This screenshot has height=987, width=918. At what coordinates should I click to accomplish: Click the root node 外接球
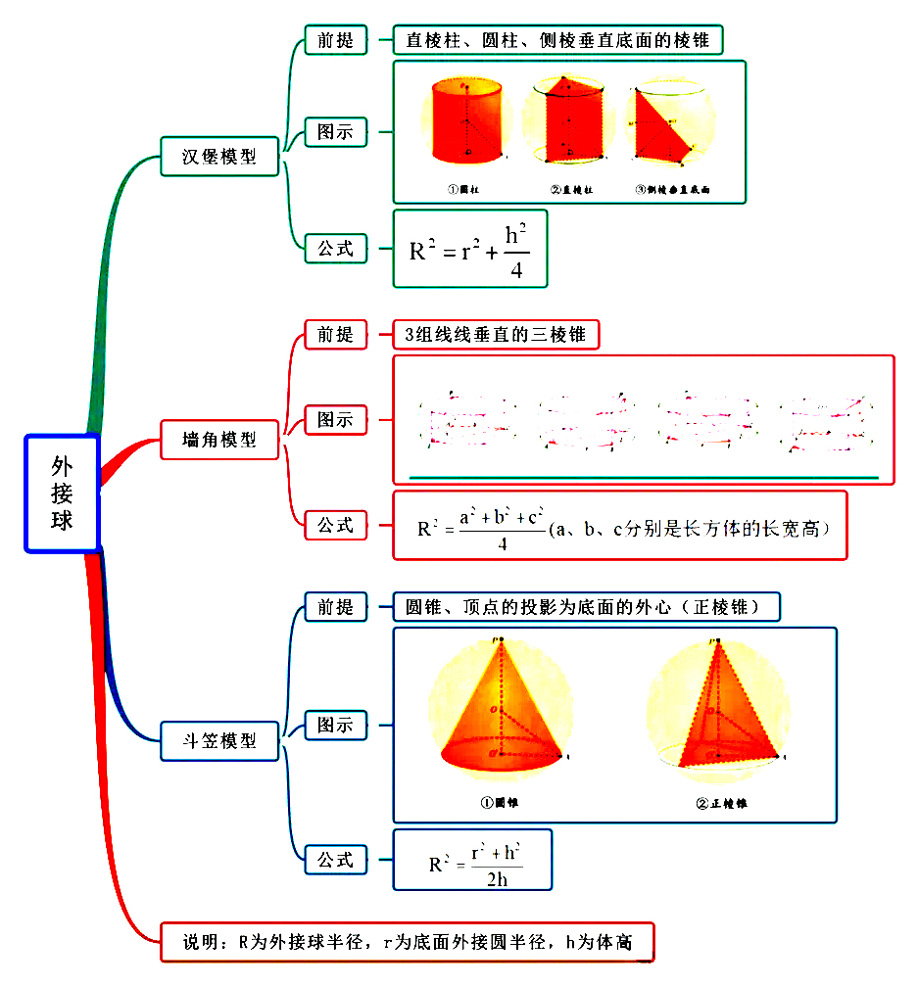coord(62,493)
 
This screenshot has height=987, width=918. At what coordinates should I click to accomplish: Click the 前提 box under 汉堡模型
coord(335,40)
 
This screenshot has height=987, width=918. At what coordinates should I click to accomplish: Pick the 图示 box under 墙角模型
coord(335,420)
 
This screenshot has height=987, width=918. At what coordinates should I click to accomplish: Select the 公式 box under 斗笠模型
coord(335,860)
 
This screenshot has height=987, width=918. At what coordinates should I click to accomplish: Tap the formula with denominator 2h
coord(472,860)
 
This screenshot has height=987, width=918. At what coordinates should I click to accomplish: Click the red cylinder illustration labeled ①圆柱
coord(468,121)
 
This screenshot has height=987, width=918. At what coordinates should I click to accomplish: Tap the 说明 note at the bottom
coord(406,943)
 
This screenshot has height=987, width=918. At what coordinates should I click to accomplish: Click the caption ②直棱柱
coord(570,189)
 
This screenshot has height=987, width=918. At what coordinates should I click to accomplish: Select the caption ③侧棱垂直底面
coord(671,189)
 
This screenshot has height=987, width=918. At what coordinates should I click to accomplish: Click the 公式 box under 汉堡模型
coord(335,249)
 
